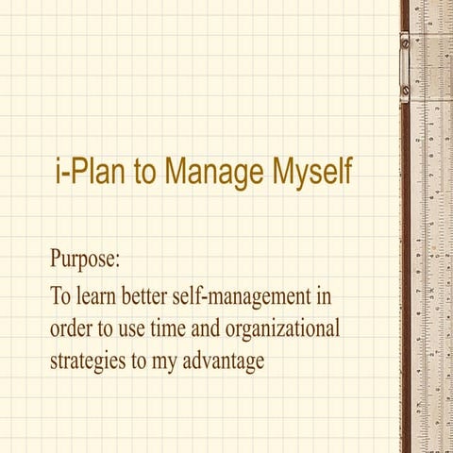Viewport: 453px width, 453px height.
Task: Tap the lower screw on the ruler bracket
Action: tap(404, 92)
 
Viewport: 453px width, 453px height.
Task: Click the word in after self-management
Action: tap(323, 297)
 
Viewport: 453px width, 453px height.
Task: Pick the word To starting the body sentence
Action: tap(59, 297)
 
